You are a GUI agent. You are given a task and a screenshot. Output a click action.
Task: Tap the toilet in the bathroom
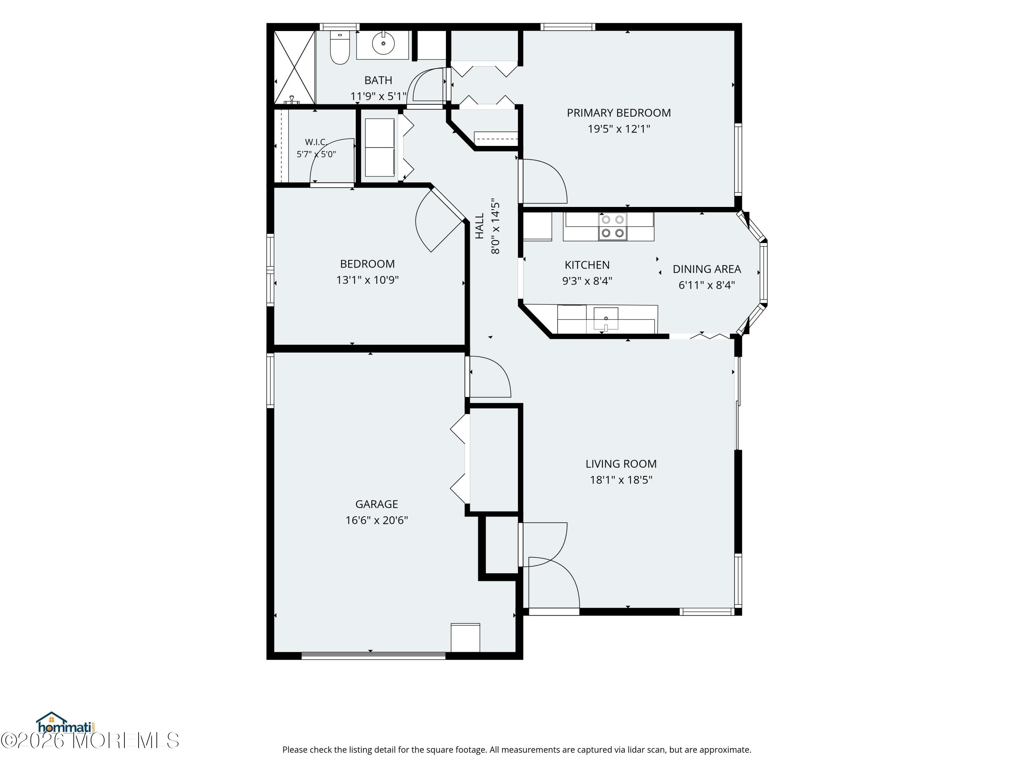[339, 48]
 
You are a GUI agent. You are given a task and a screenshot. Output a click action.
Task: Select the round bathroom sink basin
[383, 43]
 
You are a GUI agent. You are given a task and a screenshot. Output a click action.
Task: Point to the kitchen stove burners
[613, 226]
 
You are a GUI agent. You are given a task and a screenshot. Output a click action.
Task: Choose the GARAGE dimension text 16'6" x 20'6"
[377, 520]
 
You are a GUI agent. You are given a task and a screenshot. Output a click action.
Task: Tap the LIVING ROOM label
[621, 464]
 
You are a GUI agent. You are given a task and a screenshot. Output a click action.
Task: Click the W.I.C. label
[315, 142]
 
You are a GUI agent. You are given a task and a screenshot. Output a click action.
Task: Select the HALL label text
[480, 226]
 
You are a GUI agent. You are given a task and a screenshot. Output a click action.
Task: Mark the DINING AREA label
[707, 269]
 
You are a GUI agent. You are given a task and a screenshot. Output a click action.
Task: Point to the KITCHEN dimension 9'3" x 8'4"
[587, 281]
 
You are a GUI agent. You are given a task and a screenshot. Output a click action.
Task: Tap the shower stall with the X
[294, 67]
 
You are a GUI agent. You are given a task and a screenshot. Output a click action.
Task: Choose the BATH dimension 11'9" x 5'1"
[378, 96]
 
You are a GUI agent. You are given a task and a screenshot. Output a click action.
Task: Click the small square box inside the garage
[465, 638]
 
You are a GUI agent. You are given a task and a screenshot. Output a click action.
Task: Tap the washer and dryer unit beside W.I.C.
[379, 147]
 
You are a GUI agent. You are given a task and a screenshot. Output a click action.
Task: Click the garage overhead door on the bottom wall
[374, 655]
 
